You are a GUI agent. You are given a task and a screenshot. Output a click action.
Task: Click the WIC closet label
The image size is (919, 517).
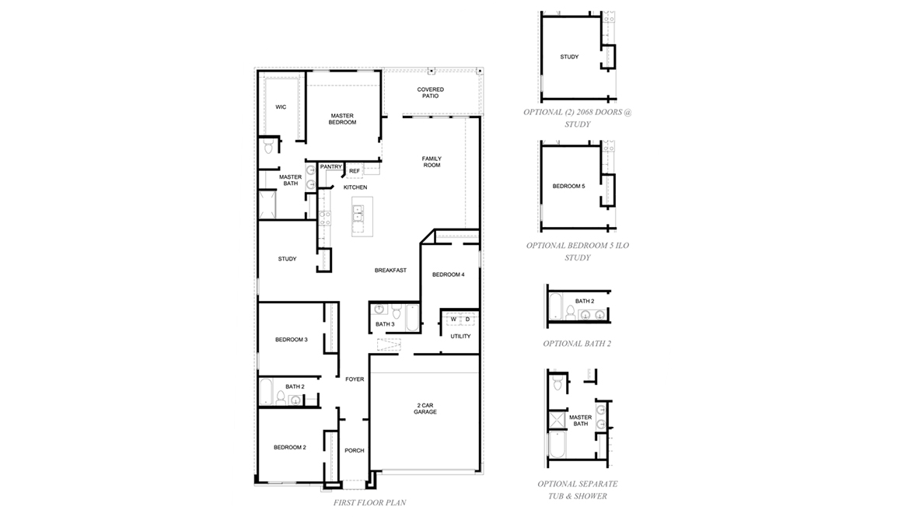tap(281, 107)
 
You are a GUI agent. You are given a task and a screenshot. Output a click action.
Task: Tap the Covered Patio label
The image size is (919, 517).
tap(430, 93)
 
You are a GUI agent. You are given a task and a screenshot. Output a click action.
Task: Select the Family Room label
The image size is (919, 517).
tap(432, 162)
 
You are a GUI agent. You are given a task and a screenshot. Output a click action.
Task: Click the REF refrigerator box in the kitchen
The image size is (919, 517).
tap(355, 171)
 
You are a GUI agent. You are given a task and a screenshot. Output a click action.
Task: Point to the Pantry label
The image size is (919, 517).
tap(331, 166)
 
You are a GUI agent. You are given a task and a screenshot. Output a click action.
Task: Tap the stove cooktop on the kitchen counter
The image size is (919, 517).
tap(324, 212)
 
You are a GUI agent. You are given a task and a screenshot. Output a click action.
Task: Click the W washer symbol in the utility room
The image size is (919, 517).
tap(453, 319)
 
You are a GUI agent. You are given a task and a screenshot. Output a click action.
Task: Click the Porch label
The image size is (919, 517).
tap(355, 450)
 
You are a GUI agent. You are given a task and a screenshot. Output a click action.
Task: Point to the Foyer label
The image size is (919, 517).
tap(355, 379)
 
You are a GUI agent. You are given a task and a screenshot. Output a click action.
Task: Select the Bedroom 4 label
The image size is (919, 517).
tap(448, 274)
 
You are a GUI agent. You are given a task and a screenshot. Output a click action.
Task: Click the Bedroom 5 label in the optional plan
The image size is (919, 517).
tap(568, 187)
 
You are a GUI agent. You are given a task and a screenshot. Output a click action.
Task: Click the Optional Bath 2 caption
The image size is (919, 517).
tap(577, 343)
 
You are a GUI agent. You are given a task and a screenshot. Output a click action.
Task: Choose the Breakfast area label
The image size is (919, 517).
tap(390, 270)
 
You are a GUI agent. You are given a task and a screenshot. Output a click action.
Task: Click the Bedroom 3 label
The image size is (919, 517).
tap(291, 340)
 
